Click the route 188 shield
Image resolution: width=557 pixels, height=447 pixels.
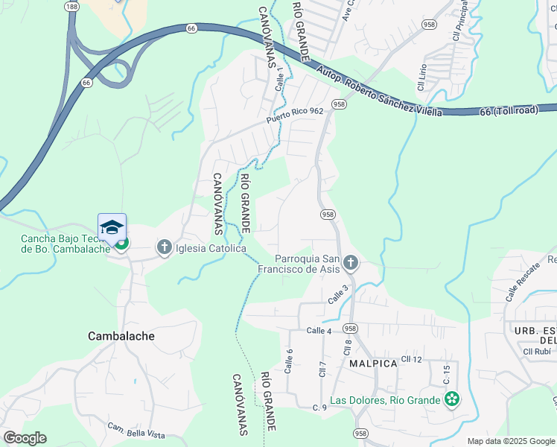pos(71,6)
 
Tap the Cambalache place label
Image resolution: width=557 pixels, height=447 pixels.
pos(121,336)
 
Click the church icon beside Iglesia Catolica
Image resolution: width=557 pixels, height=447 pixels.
pos(164,247)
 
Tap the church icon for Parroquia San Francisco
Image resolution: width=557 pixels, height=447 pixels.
pos(351,262)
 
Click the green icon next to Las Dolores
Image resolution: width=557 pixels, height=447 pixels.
pos(451,400)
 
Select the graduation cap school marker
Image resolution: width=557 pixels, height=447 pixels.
pos(112,227)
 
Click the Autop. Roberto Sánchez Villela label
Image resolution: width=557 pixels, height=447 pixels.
pos(379,93)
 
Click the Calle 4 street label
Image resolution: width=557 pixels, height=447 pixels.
pos(318,330)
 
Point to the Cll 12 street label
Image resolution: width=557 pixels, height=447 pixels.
pos(411,359)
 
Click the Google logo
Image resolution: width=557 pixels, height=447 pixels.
pos(25,438)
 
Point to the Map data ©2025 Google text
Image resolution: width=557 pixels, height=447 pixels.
pos(510,441)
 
